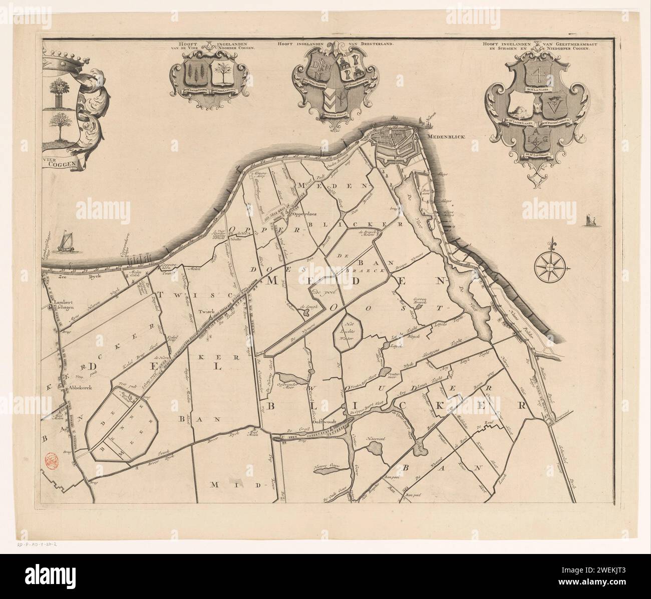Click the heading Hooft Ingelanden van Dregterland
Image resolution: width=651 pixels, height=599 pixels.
(x=335, y=44)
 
